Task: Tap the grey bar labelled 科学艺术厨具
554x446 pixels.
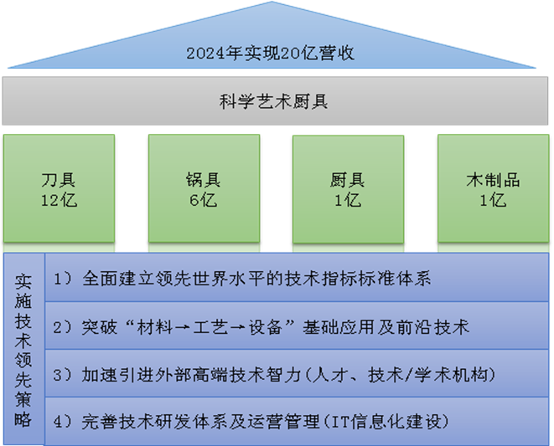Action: click(x=277, y=103)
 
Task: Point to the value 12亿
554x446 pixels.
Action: click(x=58, y=200)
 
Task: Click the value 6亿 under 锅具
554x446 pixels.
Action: click(x=202, y=200)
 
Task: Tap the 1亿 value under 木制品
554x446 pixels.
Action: click(x=493, y=200)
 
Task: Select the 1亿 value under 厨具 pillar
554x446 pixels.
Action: click(x=346, y=200)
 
